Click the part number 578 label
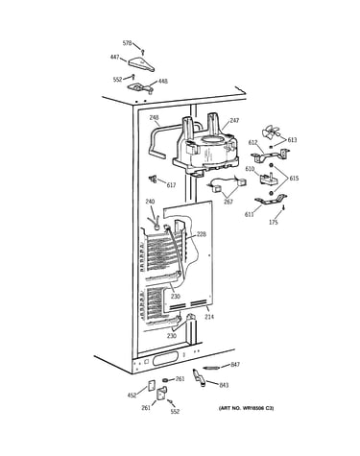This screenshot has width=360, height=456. pyautogui.click(x=127, y=43)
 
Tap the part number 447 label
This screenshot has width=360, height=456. pyautogui.click(x=114, y=58)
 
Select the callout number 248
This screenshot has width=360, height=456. pyautogui.click(x=154, y=118)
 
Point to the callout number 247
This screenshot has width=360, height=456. pyautogui.click(x=234, y=121)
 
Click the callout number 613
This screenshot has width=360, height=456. pyautogui.click(x=292, y=140)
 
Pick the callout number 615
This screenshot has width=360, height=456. pyautogui.click(x=294, y=178)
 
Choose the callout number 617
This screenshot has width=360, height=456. pyautogui.click(x=171, y=185)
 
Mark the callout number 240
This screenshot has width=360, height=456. pyautogui.click(x=150, y=202)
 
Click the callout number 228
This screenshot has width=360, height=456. pyautogui.click(x=202, y=234)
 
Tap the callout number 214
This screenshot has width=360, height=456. pyautogui.click(x=209, y=317)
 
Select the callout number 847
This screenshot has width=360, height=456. pyautogui.click(x=235, y=365)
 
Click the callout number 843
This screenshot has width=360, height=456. pyautogui.click(x=224, y=385)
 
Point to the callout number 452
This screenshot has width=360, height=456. pyautogui.click(x=132, y=396)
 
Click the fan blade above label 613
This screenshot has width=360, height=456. pyautogui.click(x=270, y=132)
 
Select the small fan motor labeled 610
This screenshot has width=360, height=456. pyautogui.click(x=268, y=178)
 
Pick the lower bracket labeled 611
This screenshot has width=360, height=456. pyautogui.click(x=271, y=200)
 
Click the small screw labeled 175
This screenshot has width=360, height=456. pyautogui.click(x=283, y=207)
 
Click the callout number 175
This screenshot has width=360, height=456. pyautogui.click(x=274, y=223)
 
